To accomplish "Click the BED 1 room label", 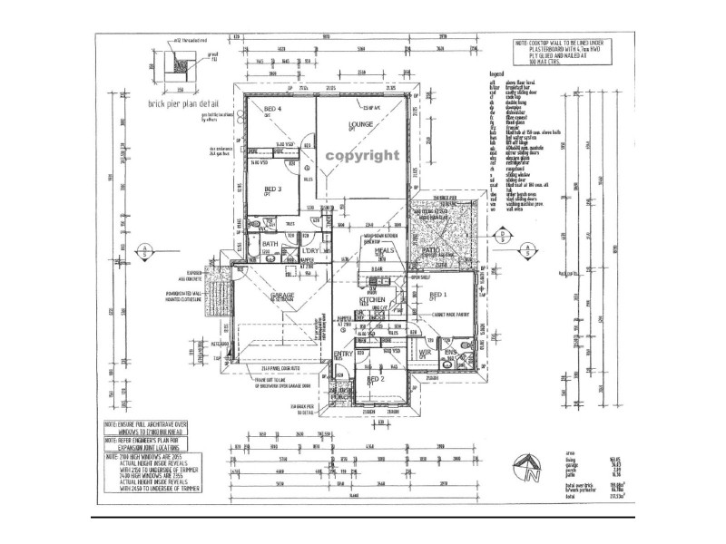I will pyautogui.click(x=438, y=296).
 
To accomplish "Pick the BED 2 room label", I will pyautogui.click(x=376, y=378).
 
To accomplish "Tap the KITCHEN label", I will pyautogui.click(x=373, y=299).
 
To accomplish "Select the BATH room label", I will pyautogui.click(x=270, y=244).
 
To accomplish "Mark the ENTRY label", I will pyautogui.click(x=344, y=354).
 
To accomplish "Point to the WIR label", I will pyautogui.click(x=425, y=352).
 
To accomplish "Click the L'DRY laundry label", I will pyautogui.click(x=310, y=249).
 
